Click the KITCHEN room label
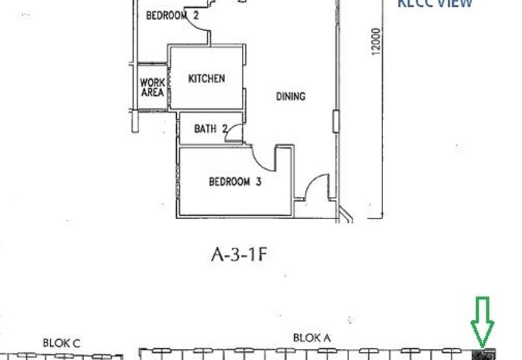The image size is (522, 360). [x=206, y=78]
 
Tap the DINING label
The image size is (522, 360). [x=290, y=97]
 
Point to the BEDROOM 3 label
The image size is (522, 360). [x=235, y=182]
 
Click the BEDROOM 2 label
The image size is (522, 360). [x=172, y=16]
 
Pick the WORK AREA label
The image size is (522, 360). [x=152, y=87]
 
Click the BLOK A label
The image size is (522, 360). [x=312, y=338]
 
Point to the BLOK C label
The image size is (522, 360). [x=61, y=342]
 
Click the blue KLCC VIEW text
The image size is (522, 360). [x=435, y=3]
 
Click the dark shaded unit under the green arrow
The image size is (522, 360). [x=484, y=354]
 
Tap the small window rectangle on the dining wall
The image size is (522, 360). [x=335, y=121]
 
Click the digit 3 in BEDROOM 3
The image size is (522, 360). [x=258, y=182]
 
